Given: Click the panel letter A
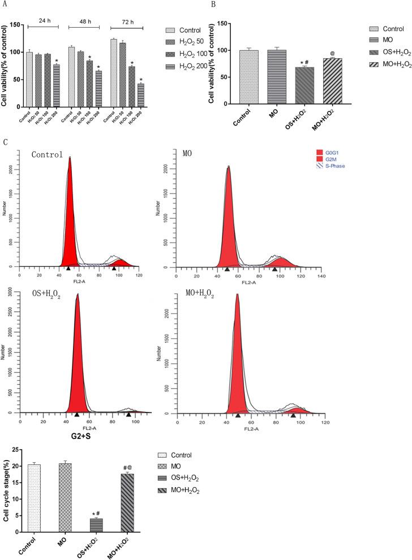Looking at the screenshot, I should pyautogui.click(x=5, y=5).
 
